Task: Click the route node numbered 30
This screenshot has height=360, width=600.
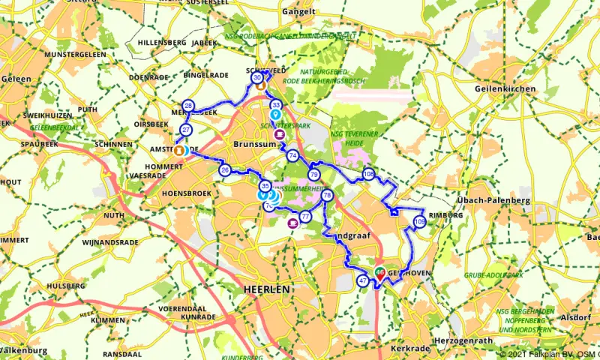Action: point(257,77)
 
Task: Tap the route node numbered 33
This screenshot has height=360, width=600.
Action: point(277,105)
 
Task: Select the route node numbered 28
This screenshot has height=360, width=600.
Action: point(188,106)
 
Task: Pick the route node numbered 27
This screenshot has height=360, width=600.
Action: point(186,130)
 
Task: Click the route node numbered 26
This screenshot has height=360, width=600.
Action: point(225,170)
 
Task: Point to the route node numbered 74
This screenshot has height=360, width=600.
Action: point(292,155)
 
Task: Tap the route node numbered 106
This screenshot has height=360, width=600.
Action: point(367,174)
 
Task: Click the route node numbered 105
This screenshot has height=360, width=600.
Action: point(419,221)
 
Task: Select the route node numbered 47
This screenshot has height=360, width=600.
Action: point(363,281)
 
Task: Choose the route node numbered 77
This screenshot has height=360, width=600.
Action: point(305,217)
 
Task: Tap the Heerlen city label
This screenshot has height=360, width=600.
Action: point(267,289)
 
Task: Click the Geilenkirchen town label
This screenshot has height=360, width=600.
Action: point(505,88)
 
